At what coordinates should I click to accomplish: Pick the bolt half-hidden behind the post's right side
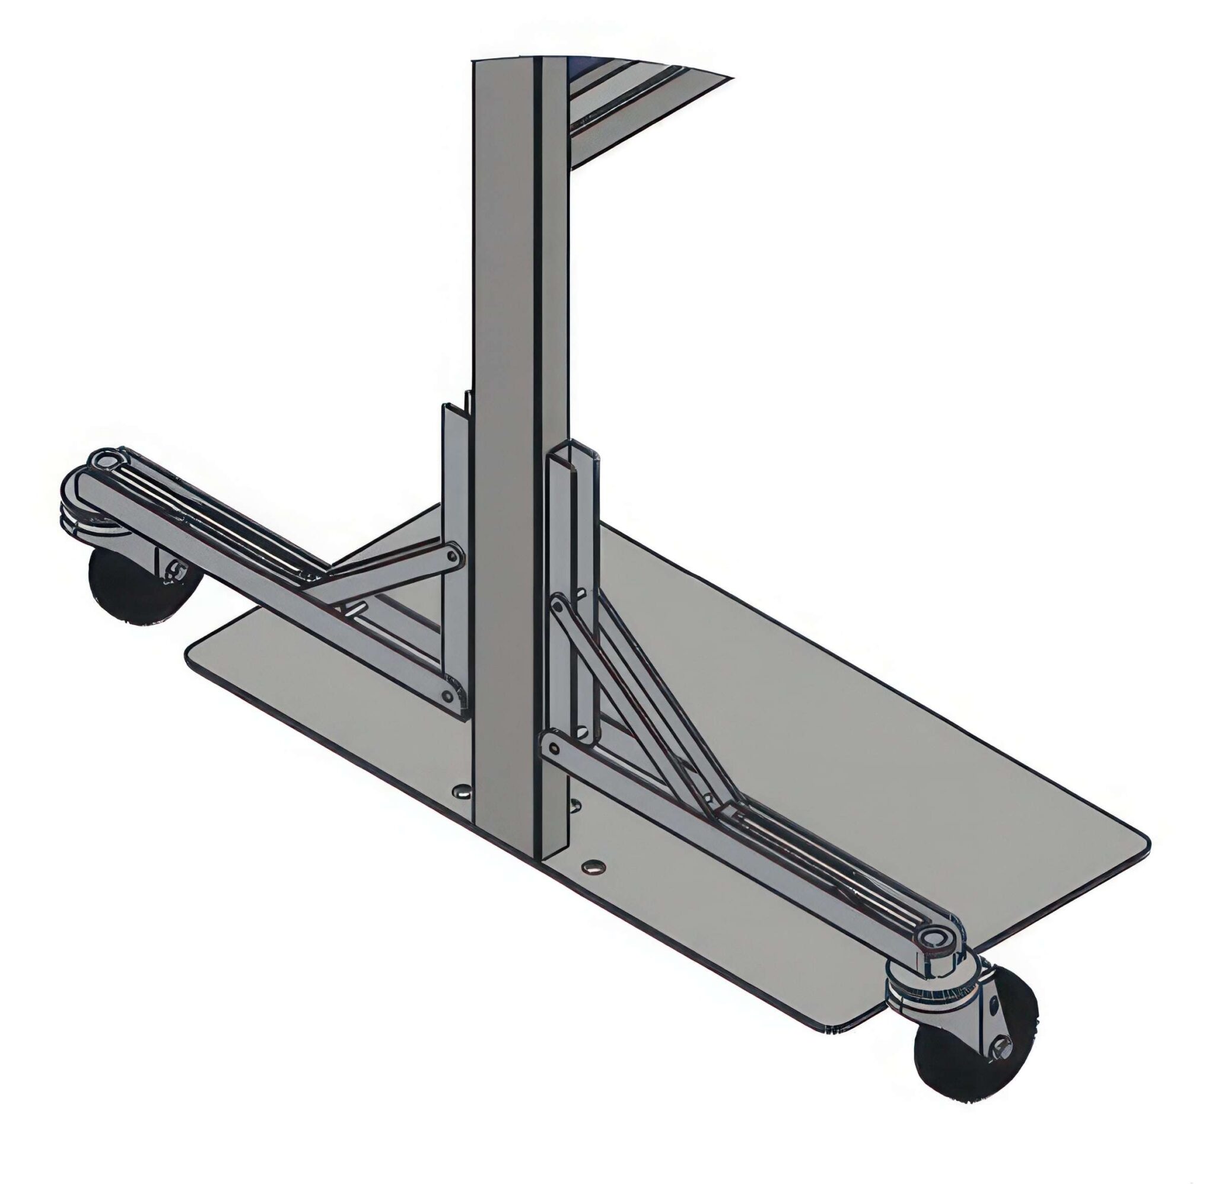coord(575,804)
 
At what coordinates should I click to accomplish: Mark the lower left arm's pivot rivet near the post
coord(449,697)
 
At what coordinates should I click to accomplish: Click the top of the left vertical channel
coord(454,407)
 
